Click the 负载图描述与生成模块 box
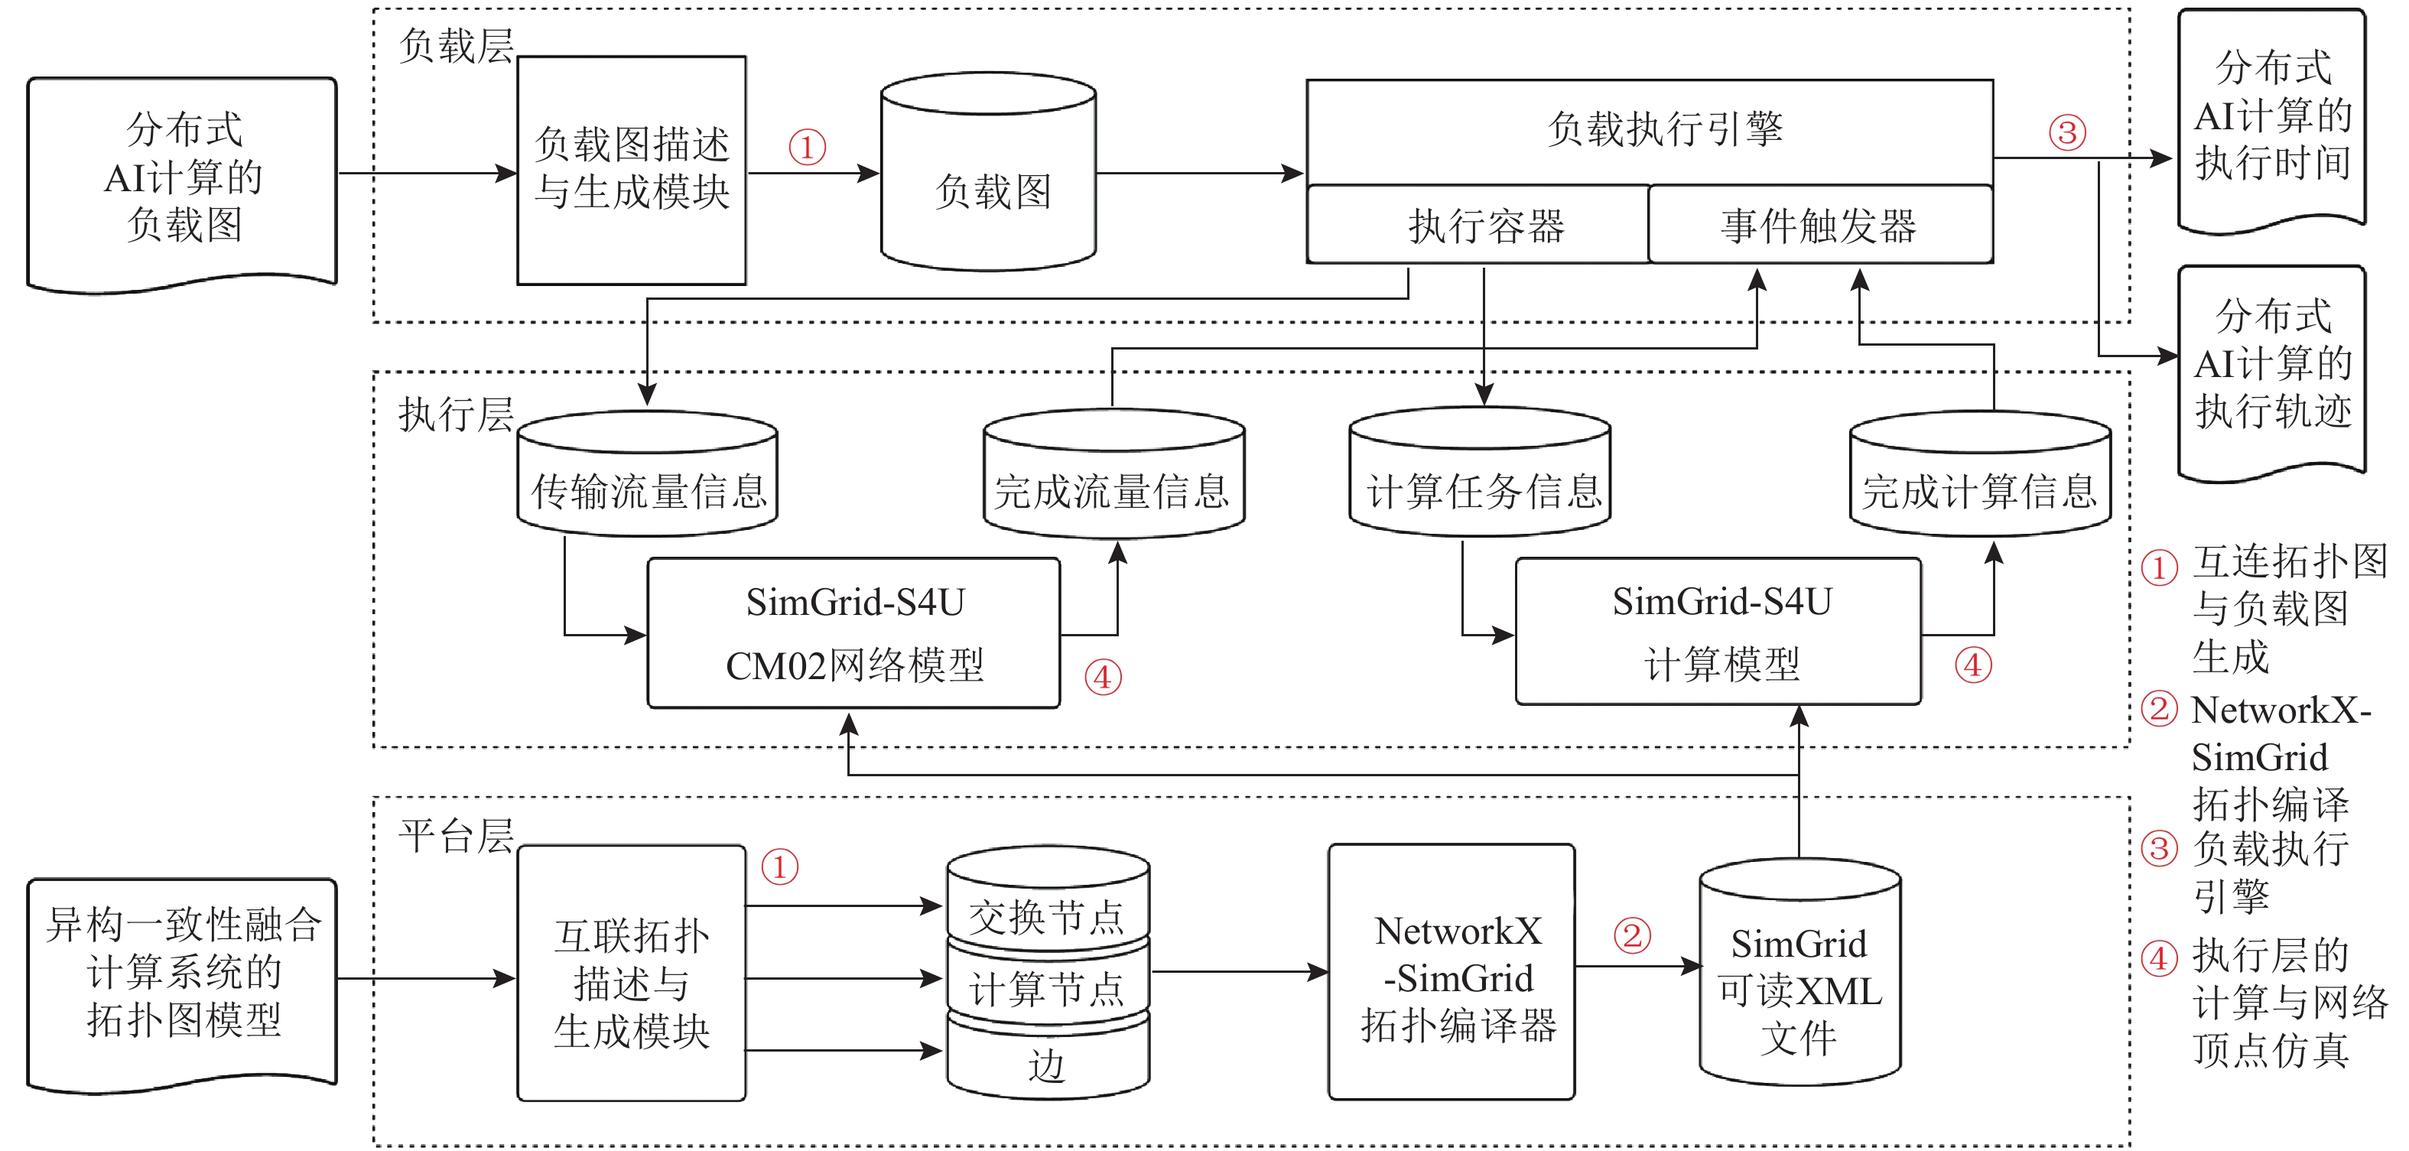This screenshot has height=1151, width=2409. pyautogui.click(x=631, y=171)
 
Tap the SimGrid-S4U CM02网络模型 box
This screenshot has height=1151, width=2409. pyautogui.click(x=853, y=633)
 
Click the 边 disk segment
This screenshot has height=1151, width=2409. pyautogui.click(x=1048, y=1064)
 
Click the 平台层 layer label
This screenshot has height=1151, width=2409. pyautogui.click(x=456, y=835)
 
